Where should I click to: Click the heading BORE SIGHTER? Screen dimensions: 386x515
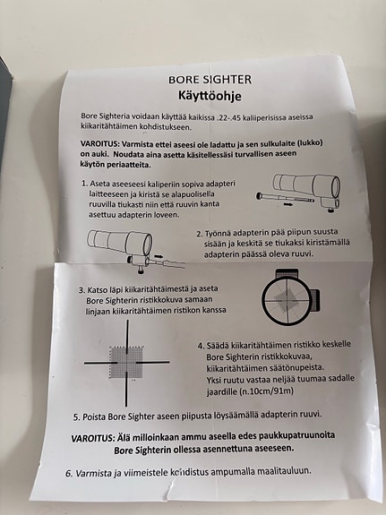tap(210, 80)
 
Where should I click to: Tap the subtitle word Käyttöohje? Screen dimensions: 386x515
tap(210, 96)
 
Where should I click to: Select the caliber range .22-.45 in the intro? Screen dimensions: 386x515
tap(229, 117)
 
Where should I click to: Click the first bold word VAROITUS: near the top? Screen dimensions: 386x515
tap(100, 144)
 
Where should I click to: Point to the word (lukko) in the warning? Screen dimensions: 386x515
tap(311, 142)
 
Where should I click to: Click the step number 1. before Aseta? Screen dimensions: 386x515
tap(85, 184)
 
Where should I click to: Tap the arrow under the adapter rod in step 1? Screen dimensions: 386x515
tap(287, 204)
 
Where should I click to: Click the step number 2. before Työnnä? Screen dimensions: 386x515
tap(200, 234)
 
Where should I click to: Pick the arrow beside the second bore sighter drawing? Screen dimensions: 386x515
tap(159, 255)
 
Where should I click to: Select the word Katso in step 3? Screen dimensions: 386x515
tap(96, 290)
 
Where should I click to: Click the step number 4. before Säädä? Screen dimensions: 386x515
tap(201, 346)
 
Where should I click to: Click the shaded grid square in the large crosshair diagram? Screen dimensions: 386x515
tap(127, 362)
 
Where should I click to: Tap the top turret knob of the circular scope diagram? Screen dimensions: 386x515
tap(287, 273)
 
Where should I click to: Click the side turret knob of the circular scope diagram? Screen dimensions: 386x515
tap(314, 300)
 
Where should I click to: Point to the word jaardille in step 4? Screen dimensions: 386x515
tap(222, 392)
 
